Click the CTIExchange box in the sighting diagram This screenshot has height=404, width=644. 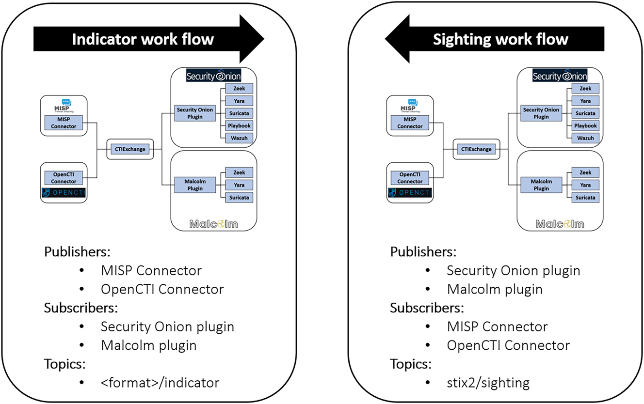pos(476,150)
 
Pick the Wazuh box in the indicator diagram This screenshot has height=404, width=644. pos(239,139)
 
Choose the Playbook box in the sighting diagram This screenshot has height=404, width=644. pos(585,126)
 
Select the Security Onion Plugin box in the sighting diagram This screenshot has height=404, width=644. pos(541,113)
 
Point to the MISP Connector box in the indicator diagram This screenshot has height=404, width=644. pos(64,123)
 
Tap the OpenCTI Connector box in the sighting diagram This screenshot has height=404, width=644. pos(410,178)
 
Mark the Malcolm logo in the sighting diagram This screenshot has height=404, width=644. pos(560,224)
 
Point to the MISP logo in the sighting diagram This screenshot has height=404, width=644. pos(410,105)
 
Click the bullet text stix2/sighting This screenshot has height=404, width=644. pos(488,383)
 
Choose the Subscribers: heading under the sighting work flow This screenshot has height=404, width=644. pos(427,308)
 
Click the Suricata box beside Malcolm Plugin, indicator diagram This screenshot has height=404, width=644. pos(239,198)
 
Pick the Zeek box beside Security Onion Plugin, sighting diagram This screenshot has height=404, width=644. pos(585,89)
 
